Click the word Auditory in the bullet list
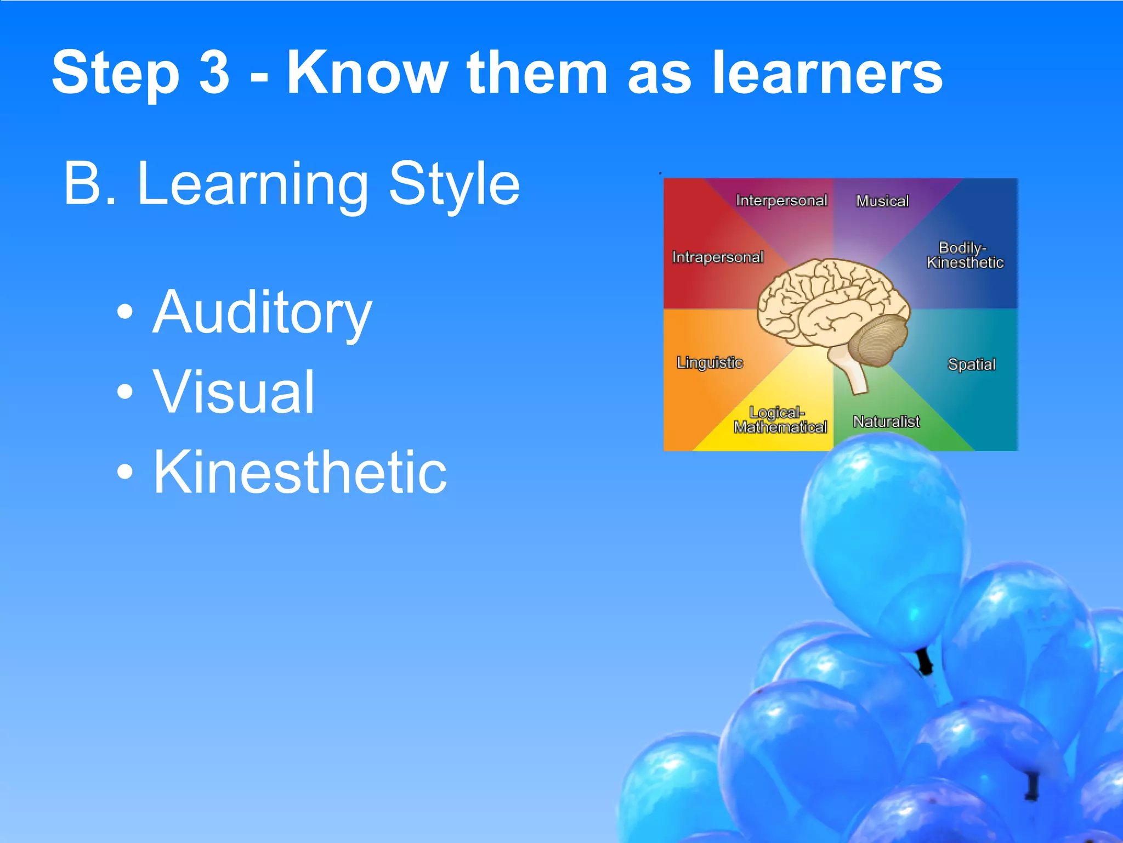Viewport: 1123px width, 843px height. coord(262,313)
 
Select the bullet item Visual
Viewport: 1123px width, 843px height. coord(234,392)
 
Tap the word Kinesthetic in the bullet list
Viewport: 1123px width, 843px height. coord(300,472)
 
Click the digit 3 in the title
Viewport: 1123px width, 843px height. coord(214,72)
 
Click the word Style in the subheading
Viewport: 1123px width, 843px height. coord(454,184)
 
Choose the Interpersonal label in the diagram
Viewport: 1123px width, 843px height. coord(781,201)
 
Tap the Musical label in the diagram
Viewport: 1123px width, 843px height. coord(882,201)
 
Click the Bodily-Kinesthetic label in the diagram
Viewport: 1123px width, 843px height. coord(965,255)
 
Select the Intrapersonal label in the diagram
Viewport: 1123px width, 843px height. coord(718,257)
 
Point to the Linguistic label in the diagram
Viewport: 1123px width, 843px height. coord(710,363)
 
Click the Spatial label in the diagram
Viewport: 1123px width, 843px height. coord(971,364)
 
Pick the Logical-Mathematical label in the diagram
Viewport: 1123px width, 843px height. coord(780,420)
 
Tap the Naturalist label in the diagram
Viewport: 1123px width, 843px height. coord(886,421)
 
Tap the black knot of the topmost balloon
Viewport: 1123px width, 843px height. coord(925,661)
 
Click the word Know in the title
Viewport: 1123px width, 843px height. coord(367,72)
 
